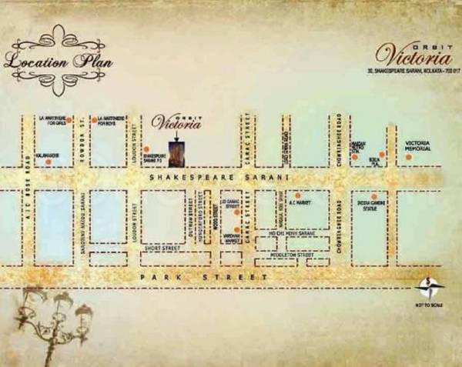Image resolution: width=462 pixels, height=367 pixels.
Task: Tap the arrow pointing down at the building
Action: pos(176,135)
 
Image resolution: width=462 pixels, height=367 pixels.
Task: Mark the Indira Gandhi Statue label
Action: pos(373,207)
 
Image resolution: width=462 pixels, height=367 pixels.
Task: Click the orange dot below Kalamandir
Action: pos(48,162)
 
